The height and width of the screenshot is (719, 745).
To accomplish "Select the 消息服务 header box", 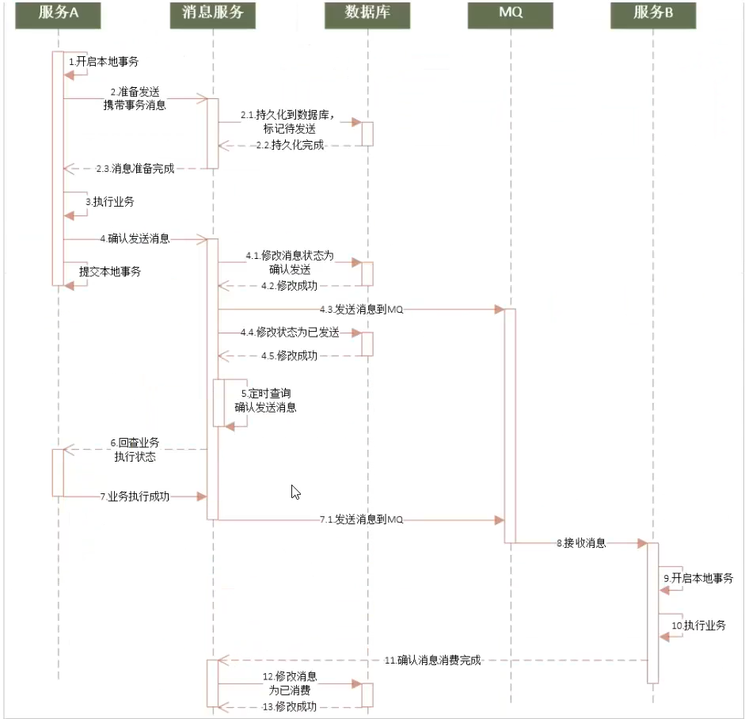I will (x=212, y=15).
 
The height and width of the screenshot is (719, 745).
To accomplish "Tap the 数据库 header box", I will (x=367, y=15).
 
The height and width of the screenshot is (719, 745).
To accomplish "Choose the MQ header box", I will (x=510, y=15).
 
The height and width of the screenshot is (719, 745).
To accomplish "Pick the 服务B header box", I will (x=653, y=15).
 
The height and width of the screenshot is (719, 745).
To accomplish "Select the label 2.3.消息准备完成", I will (x=135, y=168).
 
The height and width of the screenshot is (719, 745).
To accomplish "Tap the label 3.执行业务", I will (x=110, y=202).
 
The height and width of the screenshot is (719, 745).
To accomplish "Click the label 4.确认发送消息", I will (x=135, y=238).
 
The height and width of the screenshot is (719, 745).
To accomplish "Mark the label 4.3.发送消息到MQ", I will (x=362, y=310).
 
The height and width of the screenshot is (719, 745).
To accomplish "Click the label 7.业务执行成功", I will (x=135, y=496).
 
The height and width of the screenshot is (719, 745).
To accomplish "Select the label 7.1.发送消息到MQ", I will (x=362, y=519).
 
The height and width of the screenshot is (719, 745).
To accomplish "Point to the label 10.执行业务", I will (x=698, y=626).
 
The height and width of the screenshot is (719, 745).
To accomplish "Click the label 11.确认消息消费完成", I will (x=433, y=660).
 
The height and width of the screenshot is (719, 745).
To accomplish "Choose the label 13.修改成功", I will (x=289, y=706).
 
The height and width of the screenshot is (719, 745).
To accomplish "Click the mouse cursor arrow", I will (x=295, y=492).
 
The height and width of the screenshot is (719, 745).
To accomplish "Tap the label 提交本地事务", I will (x=110, y=272).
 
